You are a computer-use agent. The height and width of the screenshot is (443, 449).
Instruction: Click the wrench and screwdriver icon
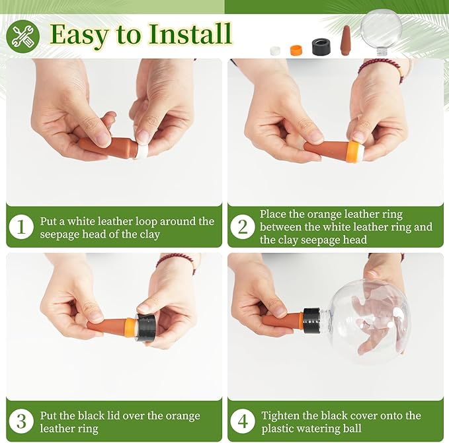coord(22,36)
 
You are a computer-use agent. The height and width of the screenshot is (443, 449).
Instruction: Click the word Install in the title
coord(189,34)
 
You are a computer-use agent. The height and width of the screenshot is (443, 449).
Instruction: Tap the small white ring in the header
coord(275,51)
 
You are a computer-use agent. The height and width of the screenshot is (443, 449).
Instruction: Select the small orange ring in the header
coord(296,50)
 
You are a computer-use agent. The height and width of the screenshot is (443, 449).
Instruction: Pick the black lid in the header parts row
coord(321,47)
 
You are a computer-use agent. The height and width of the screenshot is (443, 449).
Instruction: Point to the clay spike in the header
coord(346,38)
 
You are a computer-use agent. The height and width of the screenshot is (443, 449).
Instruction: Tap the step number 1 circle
coord(21,227)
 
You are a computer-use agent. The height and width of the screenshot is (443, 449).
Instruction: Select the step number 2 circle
coord(243,227)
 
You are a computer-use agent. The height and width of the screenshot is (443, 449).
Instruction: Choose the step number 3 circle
coord(21,421)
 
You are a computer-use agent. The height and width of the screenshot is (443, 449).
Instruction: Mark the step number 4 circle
coord(243,421)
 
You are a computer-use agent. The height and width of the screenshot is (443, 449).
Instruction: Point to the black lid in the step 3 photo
coord(145,327)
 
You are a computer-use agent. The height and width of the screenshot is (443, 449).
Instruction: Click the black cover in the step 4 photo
coord(311,320)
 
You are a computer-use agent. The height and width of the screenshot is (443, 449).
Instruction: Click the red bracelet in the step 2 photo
coord(382,69)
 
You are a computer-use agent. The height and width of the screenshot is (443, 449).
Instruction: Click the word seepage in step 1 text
coord(60,234)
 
